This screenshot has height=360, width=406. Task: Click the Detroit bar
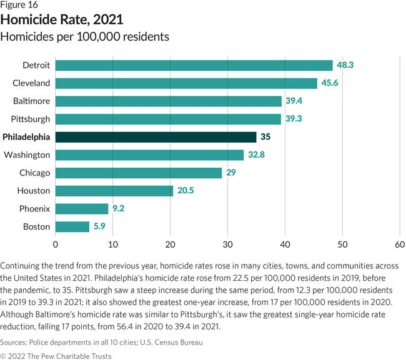point(194,65)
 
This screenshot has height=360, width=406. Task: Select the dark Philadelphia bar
point(156,137)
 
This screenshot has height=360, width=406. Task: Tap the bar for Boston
point(72,226)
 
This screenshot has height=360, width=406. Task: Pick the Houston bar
point(114,191)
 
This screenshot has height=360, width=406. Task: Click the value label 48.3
point(346,65)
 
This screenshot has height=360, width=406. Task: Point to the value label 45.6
point(330,83)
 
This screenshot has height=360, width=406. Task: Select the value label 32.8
point(257,155)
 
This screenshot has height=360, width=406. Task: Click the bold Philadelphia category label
point(26,137)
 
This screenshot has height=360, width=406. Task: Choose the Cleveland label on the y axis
point(31,83)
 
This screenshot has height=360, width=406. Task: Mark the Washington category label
point(27,155)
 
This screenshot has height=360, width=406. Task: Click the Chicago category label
point(34,173)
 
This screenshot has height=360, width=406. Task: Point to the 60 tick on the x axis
point(400,244)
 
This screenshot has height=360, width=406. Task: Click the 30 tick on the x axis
point(227,244)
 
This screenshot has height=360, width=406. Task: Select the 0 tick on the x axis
point(56,244)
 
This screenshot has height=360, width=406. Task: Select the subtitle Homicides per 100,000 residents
point(85,37)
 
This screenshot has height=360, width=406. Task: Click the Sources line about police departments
point(101,342)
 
